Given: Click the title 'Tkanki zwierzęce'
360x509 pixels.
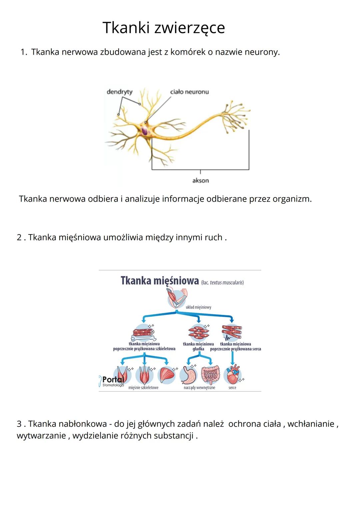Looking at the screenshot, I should pyautogui.click(x=164, y=28).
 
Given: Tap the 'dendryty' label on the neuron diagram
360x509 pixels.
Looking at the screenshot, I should pyautogui.click(x=119, y=92).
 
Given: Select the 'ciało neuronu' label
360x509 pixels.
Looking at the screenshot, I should pyautogui.click(x=189, y=92).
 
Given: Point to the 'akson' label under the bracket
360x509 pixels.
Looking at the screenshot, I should pyautogui.click(x=200, y=180).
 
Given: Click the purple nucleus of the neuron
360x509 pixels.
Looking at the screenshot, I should pyautogui.click(x=145, y=131).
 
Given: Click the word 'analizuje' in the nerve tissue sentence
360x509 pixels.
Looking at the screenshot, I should pyautogui.click(x=142, y=199).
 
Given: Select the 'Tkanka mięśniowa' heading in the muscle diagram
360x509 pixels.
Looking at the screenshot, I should pyautogui.click(x=160, y=281).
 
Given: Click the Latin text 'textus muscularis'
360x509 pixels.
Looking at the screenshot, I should pyautogui.click(x=226, y=283).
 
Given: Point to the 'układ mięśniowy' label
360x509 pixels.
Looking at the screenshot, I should pyautogui.click(x=198, y=307).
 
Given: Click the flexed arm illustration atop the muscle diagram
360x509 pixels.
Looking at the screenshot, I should pyautogui.click(x=177, y=298).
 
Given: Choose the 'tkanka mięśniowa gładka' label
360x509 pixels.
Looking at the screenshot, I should pyautogui.click(x=198, y=346).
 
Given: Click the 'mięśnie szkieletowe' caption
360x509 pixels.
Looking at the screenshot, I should pyautogui.click(x=143, y=388).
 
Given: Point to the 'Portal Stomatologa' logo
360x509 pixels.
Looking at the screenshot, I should pyautogui.click(x=112, y=381).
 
